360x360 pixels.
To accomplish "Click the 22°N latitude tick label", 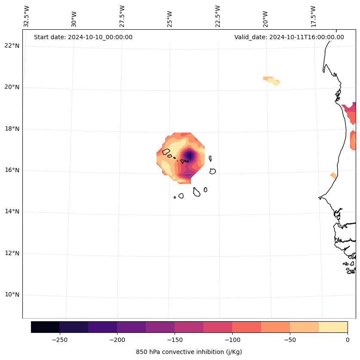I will [12, 46].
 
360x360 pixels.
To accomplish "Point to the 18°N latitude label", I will [12, 129].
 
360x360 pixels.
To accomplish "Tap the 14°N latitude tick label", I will [12, 211].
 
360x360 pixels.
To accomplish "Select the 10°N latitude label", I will [12, 295].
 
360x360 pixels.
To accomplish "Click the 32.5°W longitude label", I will [27, 16].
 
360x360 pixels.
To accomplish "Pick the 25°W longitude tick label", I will [170, 16].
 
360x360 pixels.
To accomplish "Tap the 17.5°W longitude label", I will [313, 16].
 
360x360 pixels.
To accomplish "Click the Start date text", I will [83, 37].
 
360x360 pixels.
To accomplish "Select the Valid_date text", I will [289, 37].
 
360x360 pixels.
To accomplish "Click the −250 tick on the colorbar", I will [59, 339].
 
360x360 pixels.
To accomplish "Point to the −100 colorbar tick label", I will [232, 339].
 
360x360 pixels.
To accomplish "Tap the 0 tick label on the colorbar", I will [348, 339].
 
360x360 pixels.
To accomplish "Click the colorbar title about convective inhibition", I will [189, 352].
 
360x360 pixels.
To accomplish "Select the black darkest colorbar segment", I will [45, 327].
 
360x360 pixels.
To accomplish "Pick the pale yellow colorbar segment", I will [333, 327].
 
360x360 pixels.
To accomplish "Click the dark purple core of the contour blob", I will [189, 155].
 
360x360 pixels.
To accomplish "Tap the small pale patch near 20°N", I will [272, 81].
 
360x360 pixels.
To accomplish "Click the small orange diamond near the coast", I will [333, 175].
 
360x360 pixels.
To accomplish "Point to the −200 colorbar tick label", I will [117, 339].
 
